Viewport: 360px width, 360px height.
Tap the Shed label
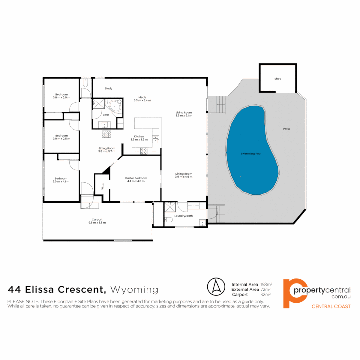[278, 79]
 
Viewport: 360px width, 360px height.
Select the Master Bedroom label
[136, 178]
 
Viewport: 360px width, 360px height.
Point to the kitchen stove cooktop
[144, 151]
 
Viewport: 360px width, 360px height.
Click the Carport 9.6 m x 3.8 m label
[97, 221]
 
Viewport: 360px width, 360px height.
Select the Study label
[108, 89]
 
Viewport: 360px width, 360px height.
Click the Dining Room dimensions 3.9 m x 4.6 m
[183, 177]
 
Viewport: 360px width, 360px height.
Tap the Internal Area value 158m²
[266, 284]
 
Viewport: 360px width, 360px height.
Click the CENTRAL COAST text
[331, 306]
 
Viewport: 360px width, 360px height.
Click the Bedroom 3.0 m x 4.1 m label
[61, 180]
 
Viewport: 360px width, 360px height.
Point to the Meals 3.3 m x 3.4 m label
[142, 98]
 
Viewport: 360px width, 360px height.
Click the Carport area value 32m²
[265, 295]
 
